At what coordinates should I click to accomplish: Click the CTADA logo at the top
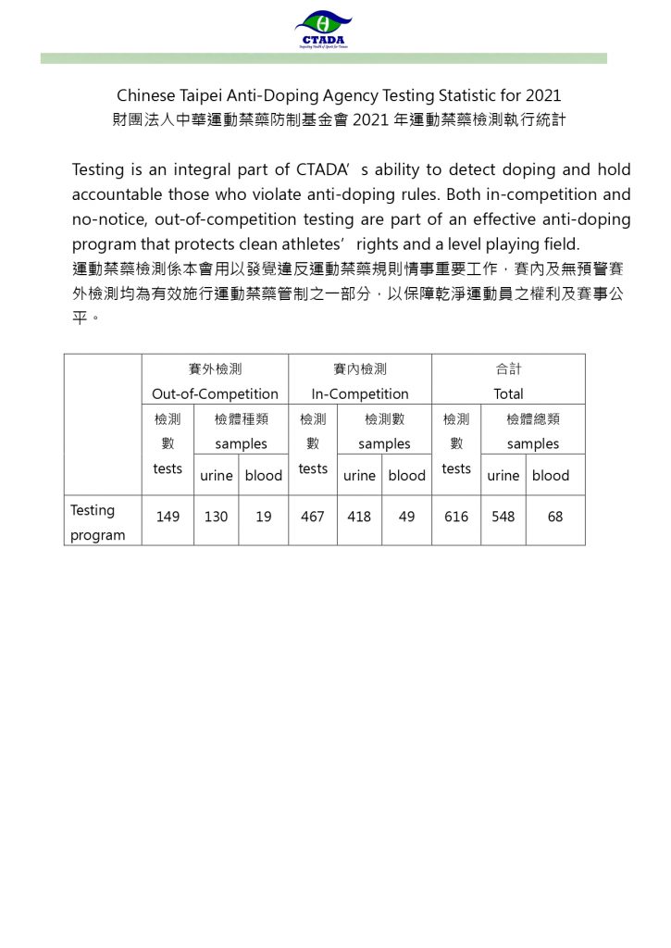click(323, 31)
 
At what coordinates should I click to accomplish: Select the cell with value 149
click(168, 518)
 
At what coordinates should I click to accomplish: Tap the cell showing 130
click(216, 518)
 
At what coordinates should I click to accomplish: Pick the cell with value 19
click(264, 518)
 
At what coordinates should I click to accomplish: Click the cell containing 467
click(313, 518)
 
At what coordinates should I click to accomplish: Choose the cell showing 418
click(359, 518)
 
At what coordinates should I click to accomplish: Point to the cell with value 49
click(407, 518)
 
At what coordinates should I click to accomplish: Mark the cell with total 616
click(456, 518)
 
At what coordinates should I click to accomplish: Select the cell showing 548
click(503, 518)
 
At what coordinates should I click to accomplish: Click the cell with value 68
click(555, 518)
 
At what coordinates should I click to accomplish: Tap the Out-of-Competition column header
click(215, 393)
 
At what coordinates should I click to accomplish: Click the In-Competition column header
click(360, 393)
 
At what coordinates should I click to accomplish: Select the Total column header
click(508, 393)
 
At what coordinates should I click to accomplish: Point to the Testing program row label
click(97, 523)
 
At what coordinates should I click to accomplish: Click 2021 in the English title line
click(543, 95)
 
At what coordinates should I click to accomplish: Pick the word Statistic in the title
click(463, 95)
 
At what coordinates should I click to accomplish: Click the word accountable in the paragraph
click(117, 194)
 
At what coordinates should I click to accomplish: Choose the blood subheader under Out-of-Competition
click(263, 476)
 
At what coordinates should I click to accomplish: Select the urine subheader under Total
click(503, 476)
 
